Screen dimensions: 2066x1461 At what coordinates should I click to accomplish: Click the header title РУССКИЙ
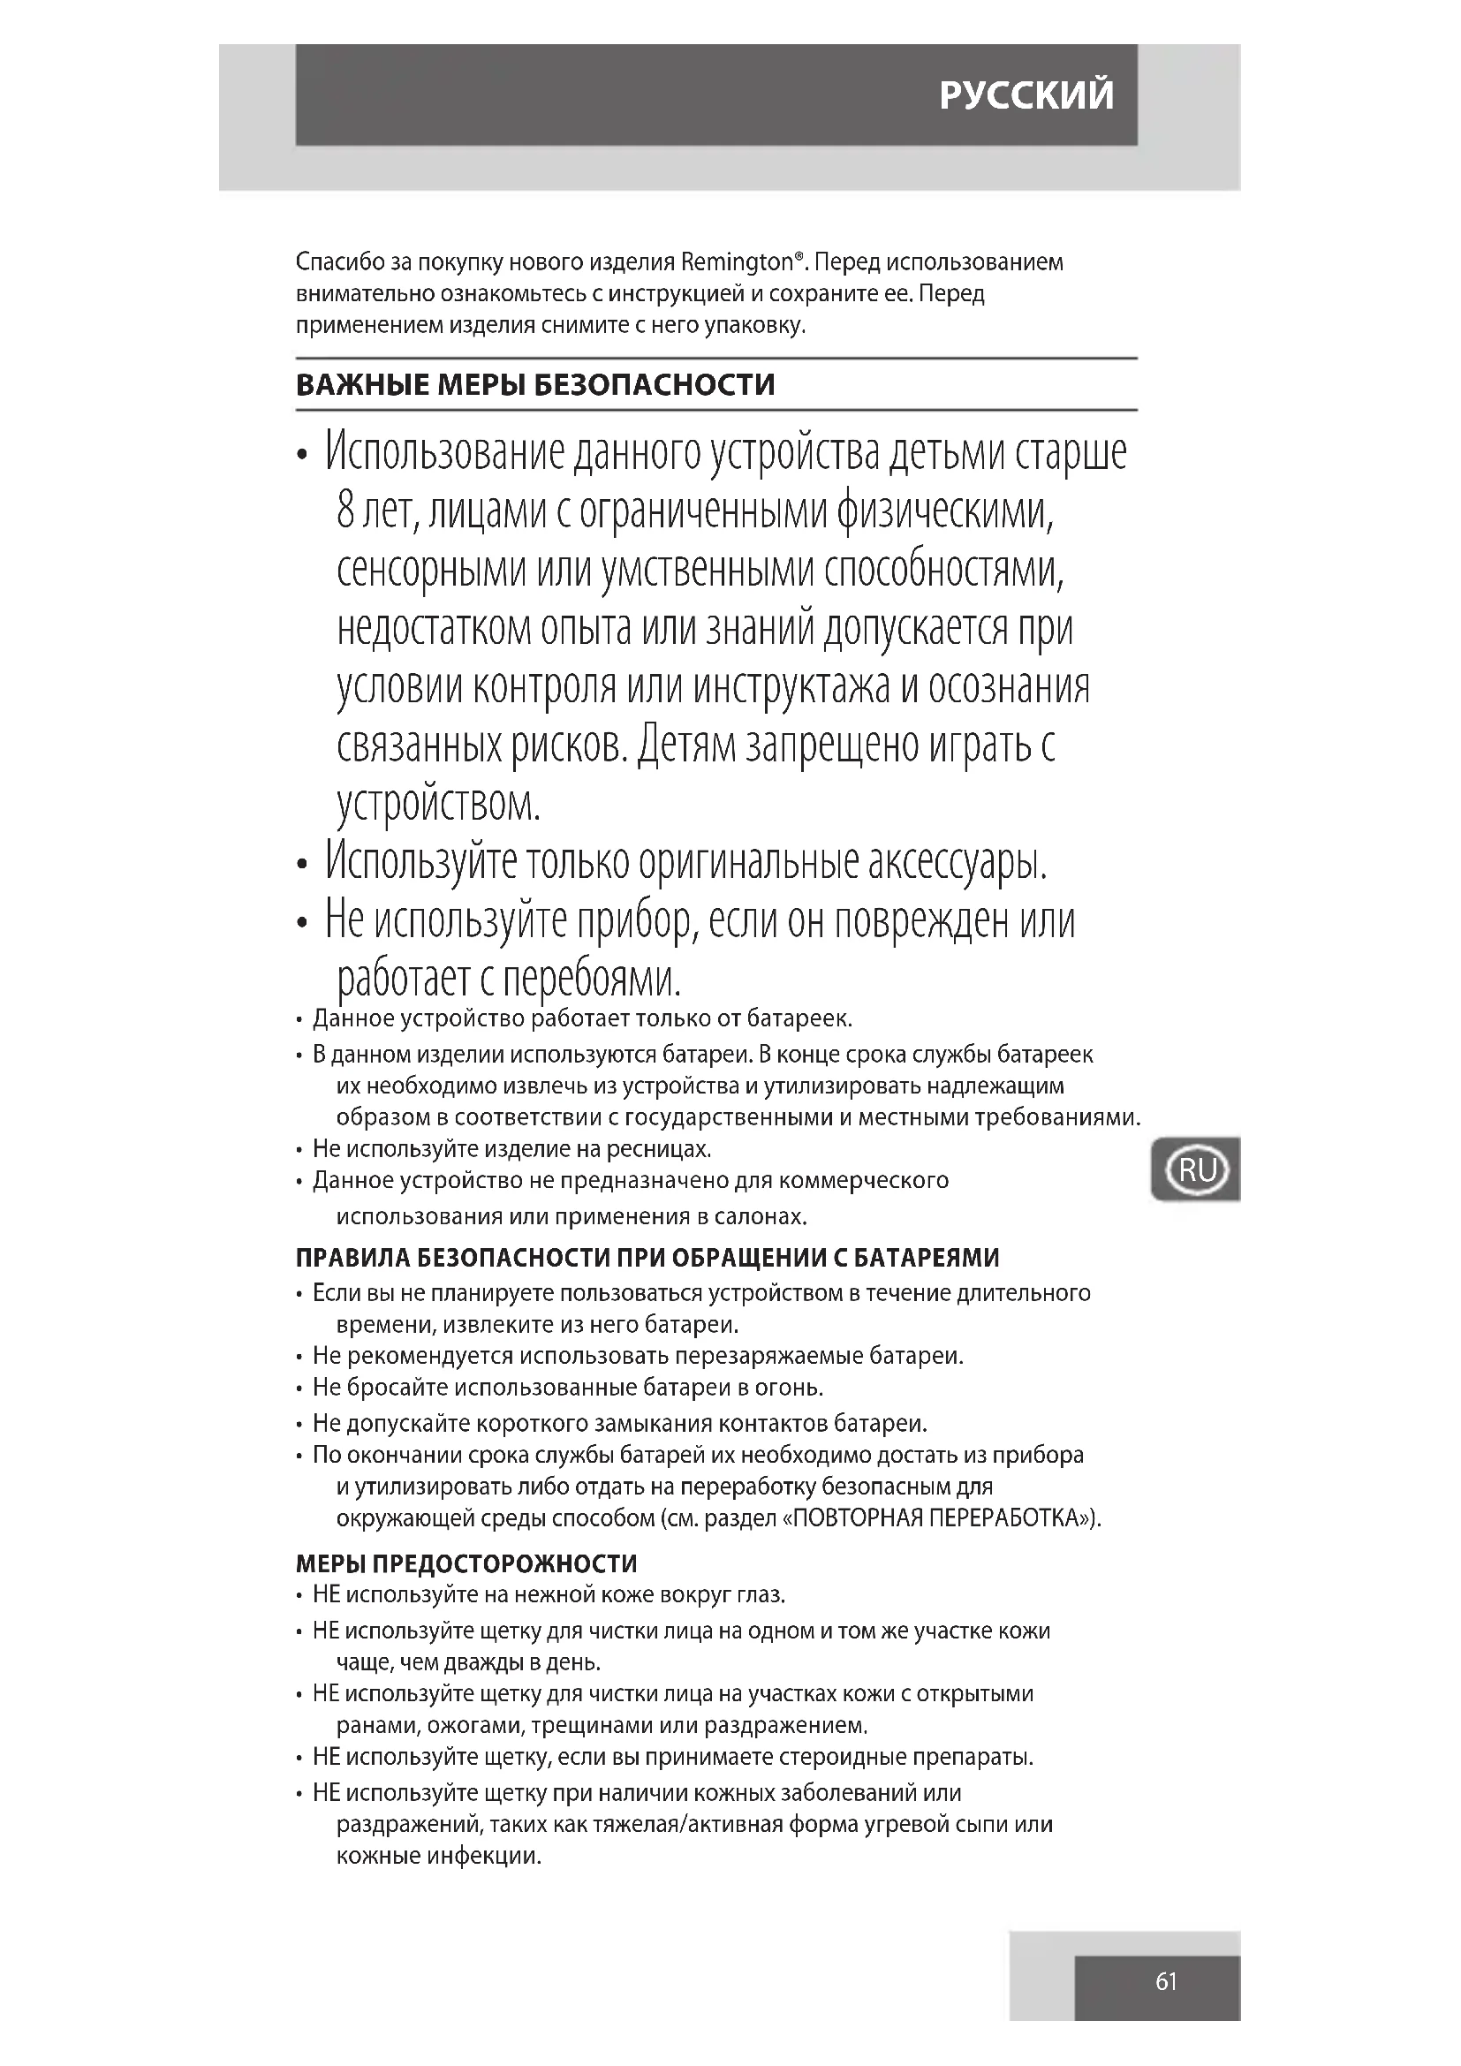coord(1026,95)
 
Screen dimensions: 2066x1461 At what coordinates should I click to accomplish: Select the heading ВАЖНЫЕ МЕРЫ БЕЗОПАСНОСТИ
coord(535,385)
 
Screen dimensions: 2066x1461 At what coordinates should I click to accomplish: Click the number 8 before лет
coord(346,512)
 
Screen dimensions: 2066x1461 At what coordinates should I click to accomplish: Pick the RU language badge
coord(1196,1169)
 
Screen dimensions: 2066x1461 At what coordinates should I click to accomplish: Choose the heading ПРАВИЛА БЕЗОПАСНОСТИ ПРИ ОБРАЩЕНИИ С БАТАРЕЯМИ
coord(647,1257)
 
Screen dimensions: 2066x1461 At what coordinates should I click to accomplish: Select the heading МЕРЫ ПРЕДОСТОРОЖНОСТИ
coord(466,1564)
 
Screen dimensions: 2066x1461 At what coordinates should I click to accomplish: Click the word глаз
coord(761,1595)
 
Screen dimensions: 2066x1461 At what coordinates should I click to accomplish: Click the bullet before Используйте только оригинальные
coord(302,866)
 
